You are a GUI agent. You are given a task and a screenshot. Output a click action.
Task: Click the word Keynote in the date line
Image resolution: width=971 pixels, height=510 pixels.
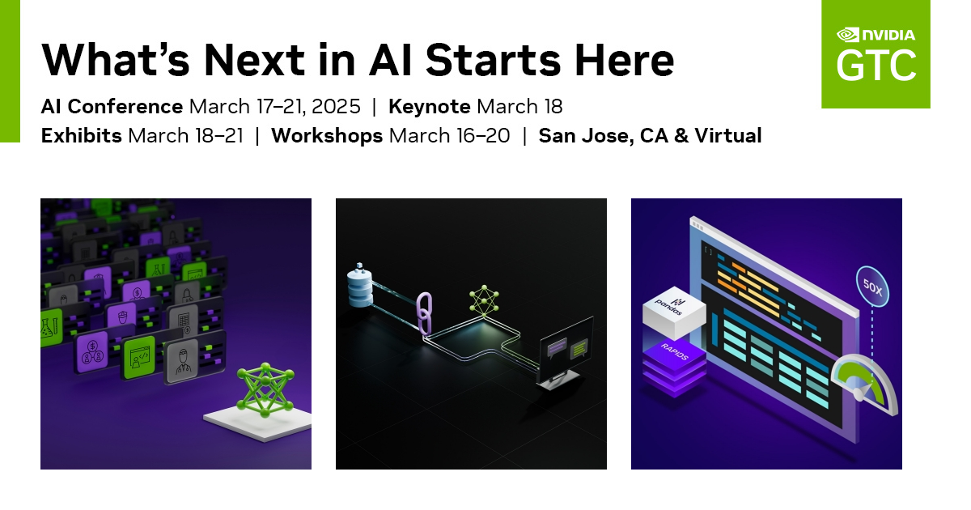point(429,106)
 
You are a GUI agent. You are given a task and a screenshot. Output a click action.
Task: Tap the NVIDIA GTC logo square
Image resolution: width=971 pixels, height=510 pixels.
point(876,53)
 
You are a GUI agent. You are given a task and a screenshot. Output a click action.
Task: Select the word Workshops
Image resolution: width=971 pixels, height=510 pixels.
point(327,136)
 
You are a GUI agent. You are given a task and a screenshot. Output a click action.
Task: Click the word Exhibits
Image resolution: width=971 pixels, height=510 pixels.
point(81,135)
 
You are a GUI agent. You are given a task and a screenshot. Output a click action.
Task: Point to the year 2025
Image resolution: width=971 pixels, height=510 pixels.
point(336,107)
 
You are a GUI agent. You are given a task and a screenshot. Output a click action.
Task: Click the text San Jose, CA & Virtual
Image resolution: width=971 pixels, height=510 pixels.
point(650,136)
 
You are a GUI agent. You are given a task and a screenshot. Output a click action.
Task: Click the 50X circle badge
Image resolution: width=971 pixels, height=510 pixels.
point(872,287)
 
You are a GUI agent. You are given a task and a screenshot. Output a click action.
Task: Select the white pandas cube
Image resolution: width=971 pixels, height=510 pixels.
point(674,312)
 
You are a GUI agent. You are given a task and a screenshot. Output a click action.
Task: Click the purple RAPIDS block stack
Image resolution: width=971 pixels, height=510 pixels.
point(674,368)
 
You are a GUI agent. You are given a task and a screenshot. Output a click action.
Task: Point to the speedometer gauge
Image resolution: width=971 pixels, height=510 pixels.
point(865,385)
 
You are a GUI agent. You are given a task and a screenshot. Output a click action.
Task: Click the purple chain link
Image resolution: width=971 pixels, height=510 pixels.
point(424,313)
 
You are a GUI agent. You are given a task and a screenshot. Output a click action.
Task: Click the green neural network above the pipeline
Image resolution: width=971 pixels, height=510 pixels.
point(484,300)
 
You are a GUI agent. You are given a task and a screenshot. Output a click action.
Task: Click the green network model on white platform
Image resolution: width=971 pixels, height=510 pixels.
point(265,390)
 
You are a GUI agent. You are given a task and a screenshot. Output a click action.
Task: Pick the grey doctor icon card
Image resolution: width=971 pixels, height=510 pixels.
point(182,361)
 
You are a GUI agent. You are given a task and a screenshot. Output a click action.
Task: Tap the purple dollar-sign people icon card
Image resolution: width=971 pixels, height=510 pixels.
point(92,352)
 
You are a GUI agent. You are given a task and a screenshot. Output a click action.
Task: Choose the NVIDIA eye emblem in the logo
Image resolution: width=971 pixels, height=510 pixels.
point(847,35)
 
